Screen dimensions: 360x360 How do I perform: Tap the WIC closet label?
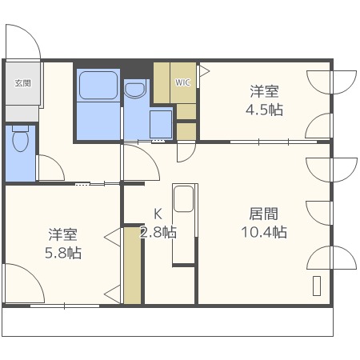coord(182,82)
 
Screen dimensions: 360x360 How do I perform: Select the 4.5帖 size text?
coord(264,110)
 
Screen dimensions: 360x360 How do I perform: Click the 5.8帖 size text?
coord(63,253)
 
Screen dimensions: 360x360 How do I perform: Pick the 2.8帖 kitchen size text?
coord(158,232)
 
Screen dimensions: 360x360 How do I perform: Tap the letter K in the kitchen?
coord(158,214)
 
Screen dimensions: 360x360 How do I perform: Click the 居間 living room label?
coord(264,214)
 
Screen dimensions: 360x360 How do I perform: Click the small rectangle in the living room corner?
coord(317,286)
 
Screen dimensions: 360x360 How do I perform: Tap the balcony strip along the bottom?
coord(168,322)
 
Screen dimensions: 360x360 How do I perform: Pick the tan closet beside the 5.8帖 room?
coord(133,266)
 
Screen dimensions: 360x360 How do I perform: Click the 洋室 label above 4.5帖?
coord(264,91)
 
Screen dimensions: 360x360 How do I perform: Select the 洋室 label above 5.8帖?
coord(63,234)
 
